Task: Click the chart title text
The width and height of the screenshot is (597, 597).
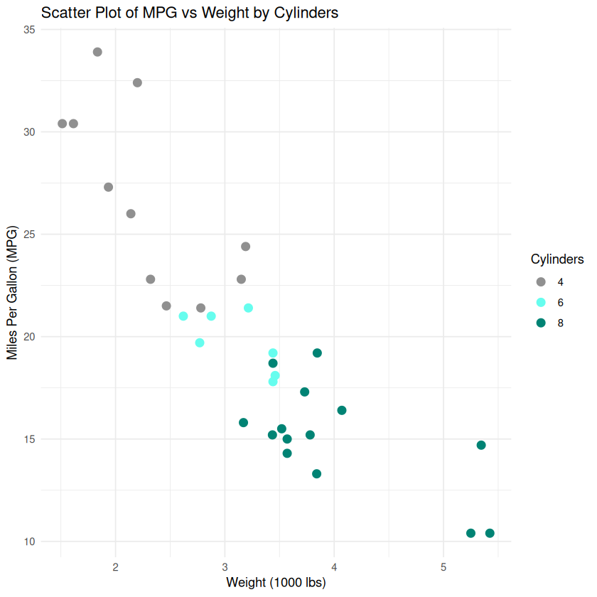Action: click(190, 13)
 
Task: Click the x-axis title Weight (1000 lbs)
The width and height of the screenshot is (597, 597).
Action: click(276, 583)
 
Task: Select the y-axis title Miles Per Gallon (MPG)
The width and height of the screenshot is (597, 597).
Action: click(12, 293)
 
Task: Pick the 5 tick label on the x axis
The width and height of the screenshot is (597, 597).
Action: click(443, 566)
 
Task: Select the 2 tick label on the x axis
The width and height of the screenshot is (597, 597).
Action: click(116, 566)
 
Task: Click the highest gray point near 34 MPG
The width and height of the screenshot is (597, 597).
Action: click(97, 52)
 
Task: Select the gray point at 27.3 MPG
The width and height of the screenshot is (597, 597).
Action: click(109, 187)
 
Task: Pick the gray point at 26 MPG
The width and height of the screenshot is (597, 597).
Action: click(131, 214)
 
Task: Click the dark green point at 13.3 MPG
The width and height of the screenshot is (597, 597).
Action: click(317, 474)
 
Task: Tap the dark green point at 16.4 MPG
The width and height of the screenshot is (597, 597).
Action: click(342, 410)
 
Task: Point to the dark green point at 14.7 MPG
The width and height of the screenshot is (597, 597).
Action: click(481, 445)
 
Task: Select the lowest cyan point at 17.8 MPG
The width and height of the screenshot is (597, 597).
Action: click(273, 382)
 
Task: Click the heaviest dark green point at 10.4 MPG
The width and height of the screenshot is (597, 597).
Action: click(490, 533)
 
